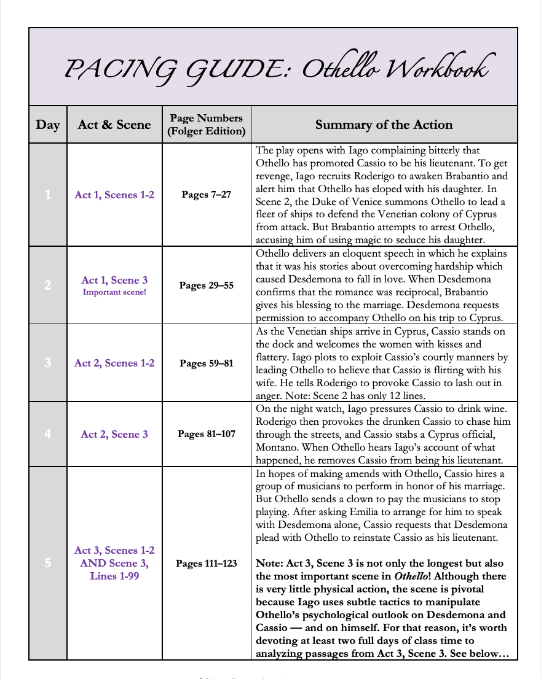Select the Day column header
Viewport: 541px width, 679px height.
click(x=48, y=125)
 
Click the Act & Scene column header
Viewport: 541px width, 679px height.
click(x=114, y=125)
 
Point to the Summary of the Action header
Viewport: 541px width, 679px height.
click(x=384, y=125)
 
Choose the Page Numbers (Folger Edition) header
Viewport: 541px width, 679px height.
click(x=207, y=124)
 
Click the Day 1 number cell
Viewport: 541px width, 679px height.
click(x=48, y=195)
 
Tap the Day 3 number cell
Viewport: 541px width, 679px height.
click(x=48, y=363)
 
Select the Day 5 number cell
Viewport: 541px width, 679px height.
click(x=48, y=563)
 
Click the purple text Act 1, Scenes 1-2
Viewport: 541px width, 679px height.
click(x=114, y=195)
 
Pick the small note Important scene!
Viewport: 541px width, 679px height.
click(x=114, y=292)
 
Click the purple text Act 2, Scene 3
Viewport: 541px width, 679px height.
click(x=114, y=434)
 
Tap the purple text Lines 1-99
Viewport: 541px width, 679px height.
click(x=114, y=576)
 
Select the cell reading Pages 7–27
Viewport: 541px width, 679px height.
click(x=207, y=195)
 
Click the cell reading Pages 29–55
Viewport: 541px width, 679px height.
click(x=207, y=285)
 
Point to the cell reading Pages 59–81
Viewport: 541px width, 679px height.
click(x=207, y=363)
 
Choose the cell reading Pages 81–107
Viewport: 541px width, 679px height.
click(x=207, y=434)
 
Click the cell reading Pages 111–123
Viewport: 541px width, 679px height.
click(x=207, y=563)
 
